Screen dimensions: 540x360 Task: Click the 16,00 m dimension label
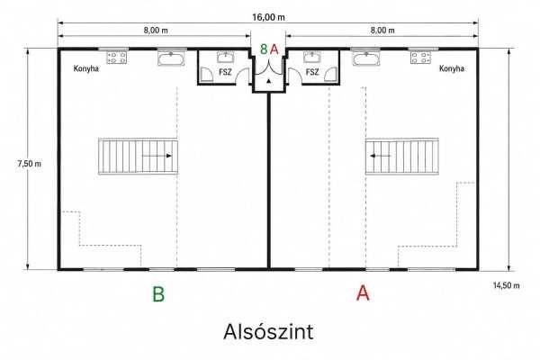(x=268, y=17)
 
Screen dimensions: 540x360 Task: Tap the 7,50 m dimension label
(x=30, y=164)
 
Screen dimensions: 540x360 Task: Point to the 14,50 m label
(x=506, y=285)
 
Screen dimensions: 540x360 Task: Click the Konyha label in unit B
(x=86, y=68)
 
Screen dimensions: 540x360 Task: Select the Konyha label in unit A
(x=452, y=68)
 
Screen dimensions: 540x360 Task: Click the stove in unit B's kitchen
(x=116, y=58)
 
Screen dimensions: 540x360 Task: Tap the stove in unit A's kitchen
(x=420, y=58)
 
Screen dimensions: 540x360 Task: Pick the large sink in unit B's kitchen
(x=172, y=58)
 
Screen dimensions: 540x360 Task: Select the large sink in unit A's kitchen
(x=366, y=58)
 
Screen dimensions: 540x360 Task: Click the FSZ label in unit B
(x=226, y=72)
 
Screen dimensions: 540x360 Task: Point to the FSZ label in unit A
(x=312, y=72)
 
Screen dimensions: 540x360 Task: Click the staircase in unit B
(x=138, y=157)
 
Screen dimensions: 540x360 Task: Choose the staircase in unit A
(x=402, y=157)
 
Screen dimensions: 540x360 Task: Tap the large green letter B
(x=158, y=294)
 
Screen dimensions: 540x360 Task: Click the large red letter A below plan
(x=363, y=294)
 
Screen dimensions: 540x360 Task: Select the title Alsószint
(x=268, y=332)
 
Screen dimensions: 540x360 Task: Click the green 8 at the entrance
(x=264, y=49)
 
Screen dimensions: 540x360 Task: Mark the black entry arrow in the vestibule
(x=269, y=81)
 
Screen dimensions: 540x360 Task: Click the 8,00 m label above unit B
(x=156, y=31)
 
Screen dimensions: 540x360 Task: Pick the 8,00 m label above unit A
(x=382, y=31)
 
